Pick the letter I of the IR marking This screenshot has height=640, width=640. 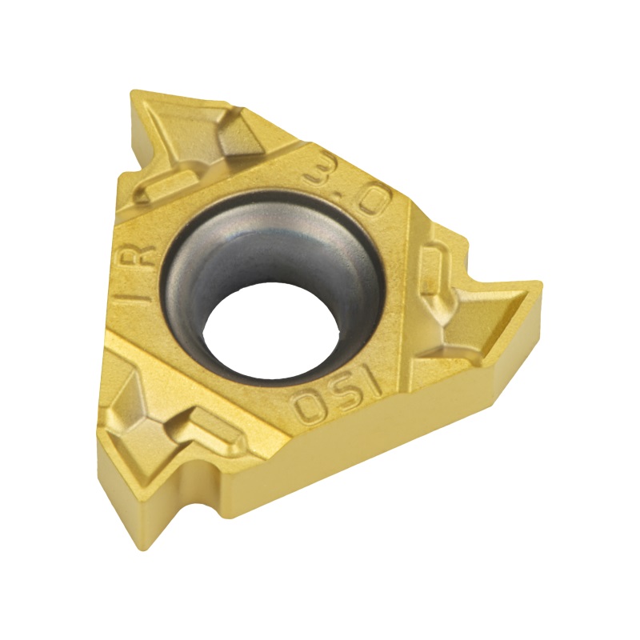138,298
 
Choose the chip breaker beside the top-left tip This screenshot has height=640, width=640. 192,148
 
